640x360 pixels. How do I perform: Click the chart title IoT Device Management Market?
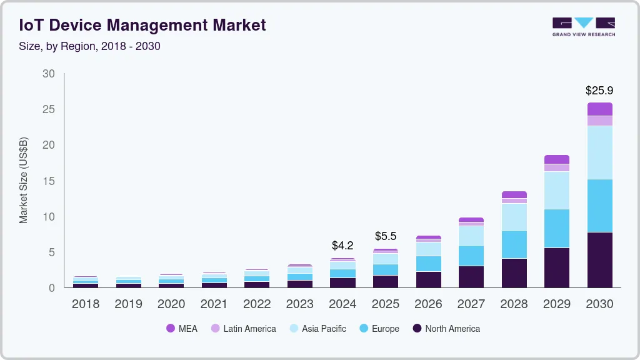click(142, 25)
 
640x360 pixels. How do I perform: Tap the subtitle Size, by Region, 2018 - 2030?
click(90, 46)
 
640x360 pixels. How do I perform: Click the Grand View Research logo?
click(583, 26)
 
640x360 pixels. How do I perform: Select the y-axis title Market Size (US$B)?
click(24, 180)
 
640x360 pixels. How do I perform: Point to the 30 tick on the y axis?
click(49, 74)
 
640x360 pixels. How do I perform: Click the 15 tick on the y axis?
click(49, 181)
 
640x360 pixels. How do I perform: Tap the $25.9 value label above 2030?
click(599, 91)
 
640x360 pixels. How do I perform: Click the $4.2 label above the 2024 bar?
click(342, 246)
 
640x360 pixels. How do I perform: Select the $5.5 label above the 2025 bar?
click(386, 236)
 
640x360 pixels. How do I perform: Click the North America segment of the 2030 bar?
click(599, 259)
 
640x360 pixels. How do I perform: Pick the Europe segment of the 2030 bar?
click(599, 206)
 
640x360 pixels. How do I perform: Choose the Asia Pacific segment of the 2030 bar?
click(599, 152)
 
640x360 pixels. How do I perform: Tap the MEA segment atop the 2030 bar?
click(599, 109)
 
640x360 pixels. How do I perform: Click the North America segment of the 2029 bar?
click(556, 267)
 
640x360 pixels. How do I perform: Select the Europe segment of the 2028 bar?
click(514, 244)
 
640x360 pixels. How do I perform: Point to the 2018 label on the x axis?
click(85, 304)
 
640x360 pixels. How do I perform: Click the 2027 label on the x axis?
click(471, 304)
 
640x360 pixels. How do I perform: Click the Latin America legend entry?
click(243, 329)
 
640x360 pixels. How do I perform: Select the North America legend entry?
click(446, 329)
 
